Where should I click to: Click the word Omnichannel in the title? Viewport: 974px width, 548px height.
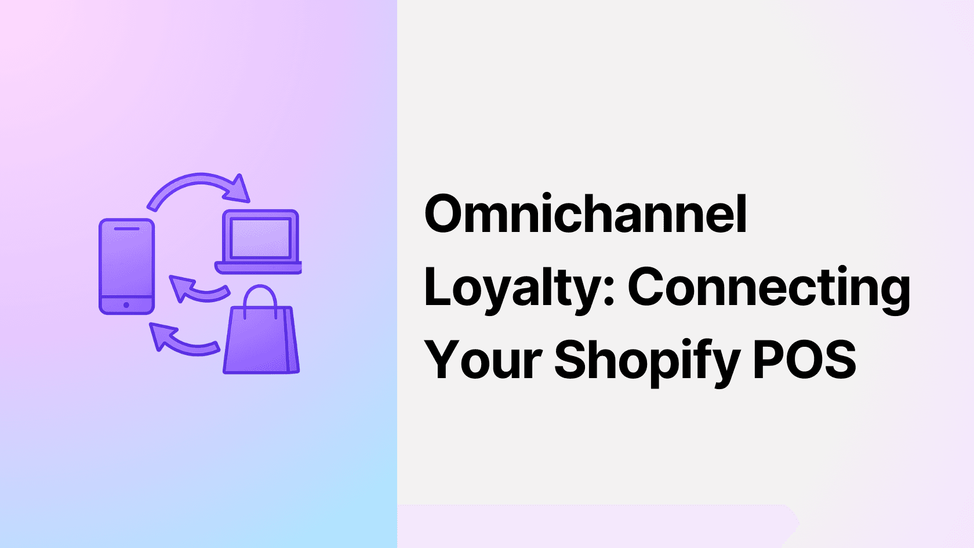(x=586, y=215)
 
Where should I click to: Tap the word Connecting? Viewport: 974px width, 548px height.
(x=769, y=288)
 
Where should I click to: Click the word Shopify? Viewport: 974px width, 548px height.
(x=647, y=361)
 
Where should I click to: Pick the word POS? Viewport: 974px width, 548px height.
(x=804, y=360)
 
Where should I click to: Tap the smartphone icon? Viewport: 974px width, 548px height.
(x=126, y=266)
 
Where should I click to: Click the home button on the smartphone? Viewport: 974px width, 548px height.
(x=126, y=305)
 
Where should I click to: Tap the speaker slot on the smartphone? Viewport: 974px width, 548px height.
(x=126, y=228)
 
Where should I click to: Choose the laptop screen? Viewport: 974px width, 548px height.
(x=260, y=238)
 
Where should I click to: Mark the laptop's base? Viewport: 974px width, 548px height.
(x=259, y=268)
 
